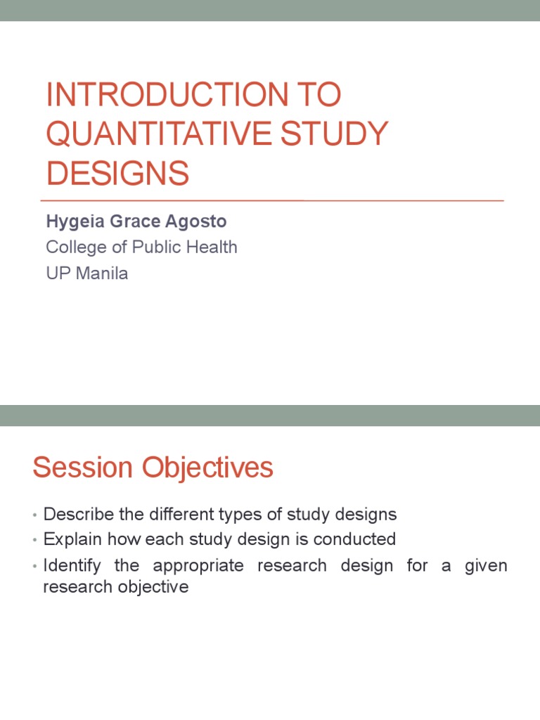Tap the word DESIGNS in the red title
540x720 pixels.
(x=117, y=173)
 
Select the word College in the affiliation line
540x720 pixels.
(x=75, y=247)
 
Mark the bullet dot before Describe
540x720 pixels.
(x=35, y=515)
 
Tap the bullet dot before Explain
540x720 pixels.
(x=35, y=541)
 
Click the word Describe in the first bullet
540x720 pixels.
(x=78, y=515)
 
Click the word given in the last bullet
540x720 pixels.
(x=486, y=566)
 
